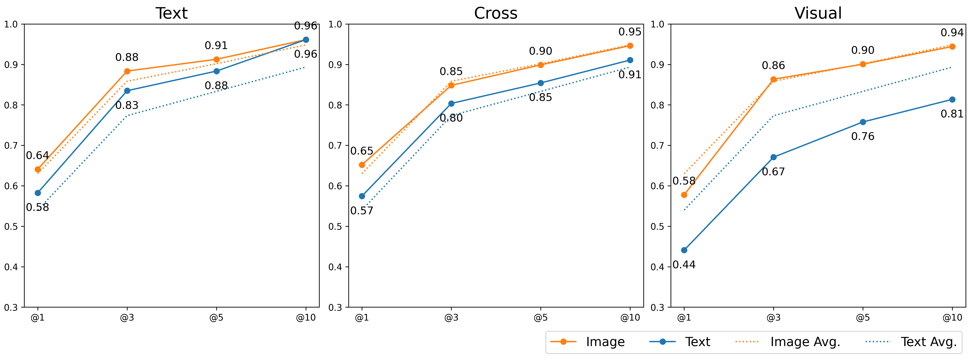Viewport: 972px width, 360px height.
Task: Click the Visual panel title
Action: (818, 13)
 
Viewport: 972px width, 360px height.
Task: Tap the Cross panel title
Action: (495, 13)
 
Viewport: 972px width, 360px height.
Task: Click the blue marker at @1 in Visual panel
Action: (684, 250)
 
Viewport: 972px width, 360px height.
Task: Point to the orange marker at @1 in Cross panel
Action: (362, 165)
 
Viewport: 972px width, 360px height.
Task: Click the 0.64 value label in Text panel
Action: (37, 156)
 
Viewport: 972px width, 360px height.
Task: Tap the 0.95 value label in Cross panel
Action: (630, 32)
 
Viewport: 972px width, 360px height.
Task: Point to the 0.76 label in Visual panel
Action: (863, 136)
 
